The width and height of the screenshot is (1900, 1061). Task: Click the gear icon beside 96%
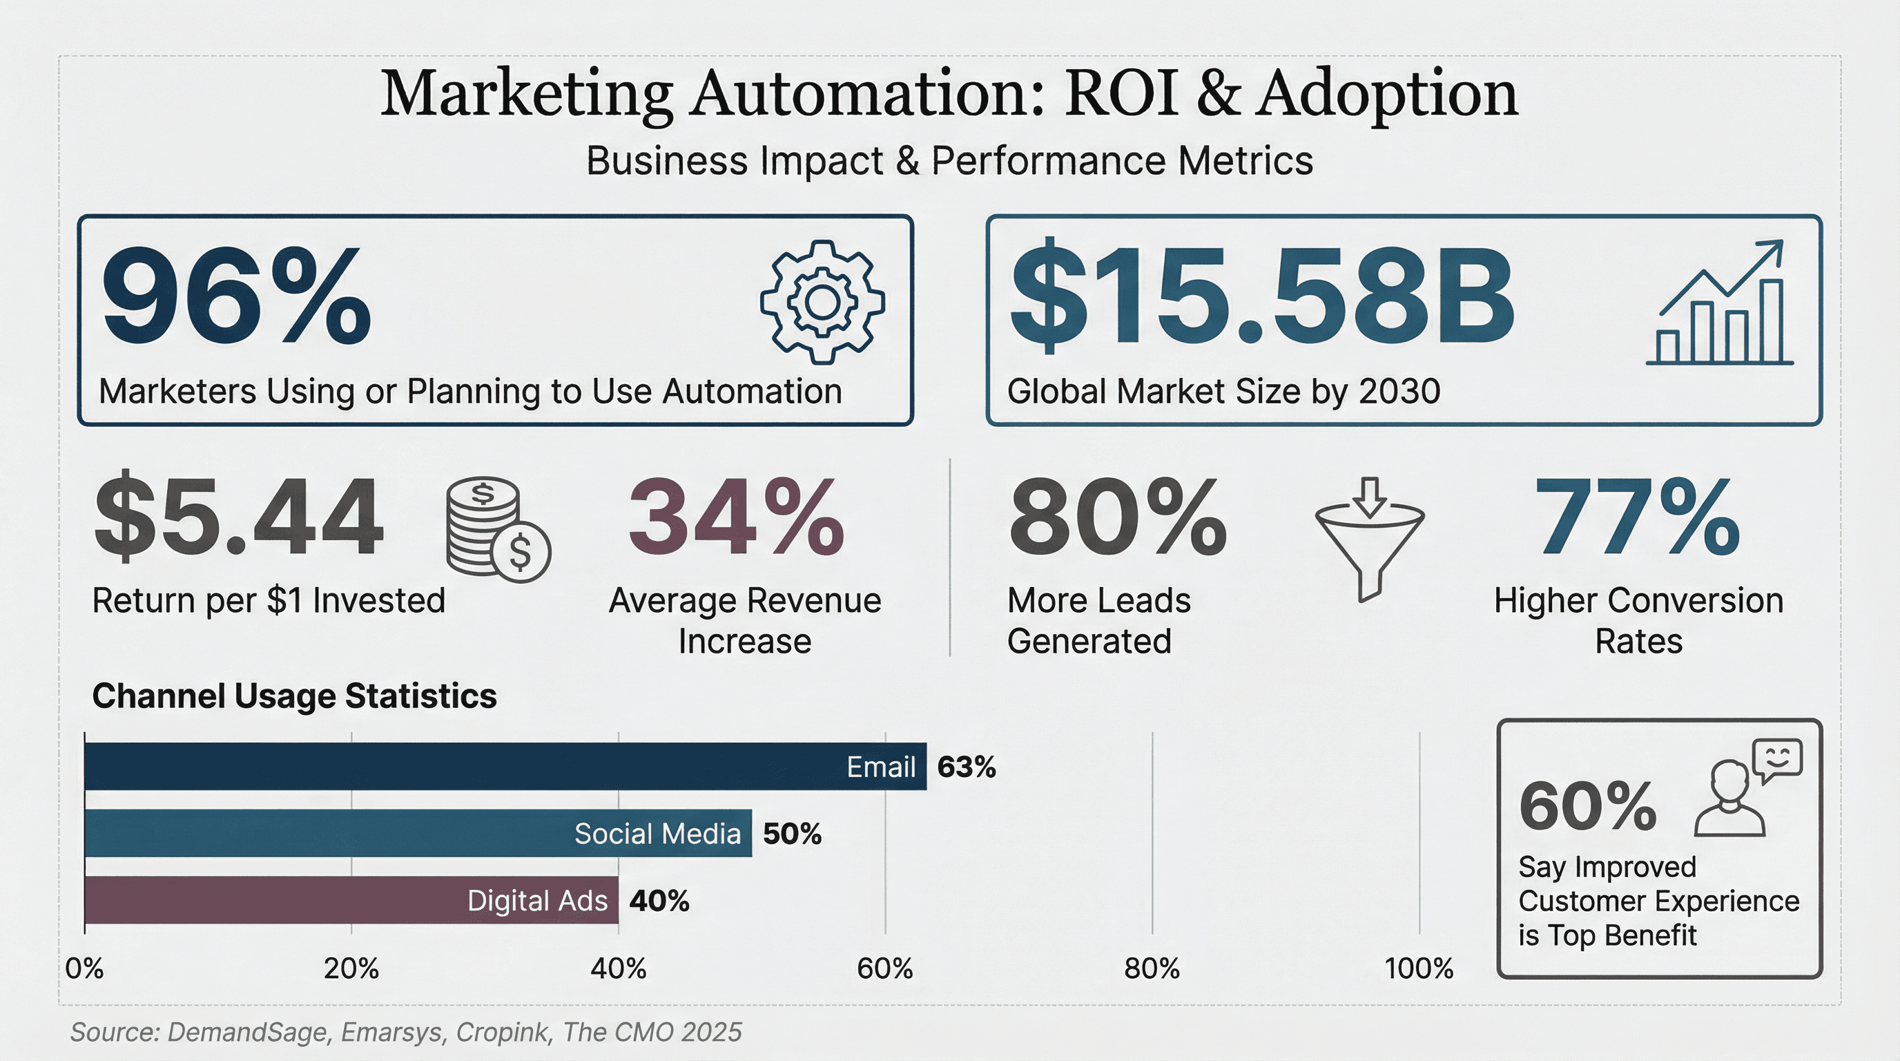click(822, 302)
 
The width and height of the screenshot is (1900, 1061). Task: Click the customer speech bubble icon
click(1749, 788)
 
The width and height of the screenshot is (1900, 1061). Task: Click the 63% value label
click(967, 767)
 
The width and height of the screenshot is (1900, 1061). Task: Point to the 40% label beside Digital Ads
click(659, 901)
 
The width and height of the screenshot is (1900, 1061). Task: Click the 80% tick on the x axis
click(1152, 968)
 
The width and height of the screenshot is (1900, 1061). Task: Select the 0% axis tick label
click(84, 968)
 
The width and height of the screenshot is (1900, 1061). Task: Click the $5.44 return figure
click(239, 517)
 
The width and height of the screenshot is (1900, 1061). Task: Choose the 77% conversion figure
click(1637, 517)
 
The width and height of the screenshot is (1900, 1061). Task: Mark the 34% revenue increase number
click(735, 517)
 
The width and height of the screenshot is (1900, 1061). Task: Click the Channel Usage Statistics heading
click(294, 696)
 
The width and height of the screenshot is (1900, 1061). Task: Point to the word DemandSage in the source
click(247, 1031)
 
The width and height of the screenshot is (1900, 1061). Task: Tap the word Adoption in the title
click(1386, 94)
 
